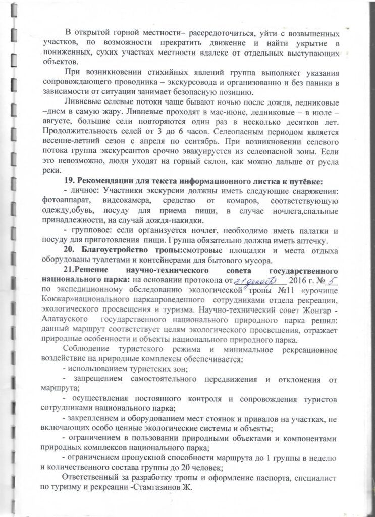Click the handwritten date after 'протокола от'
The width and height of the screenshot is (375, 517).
(261, 280)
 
